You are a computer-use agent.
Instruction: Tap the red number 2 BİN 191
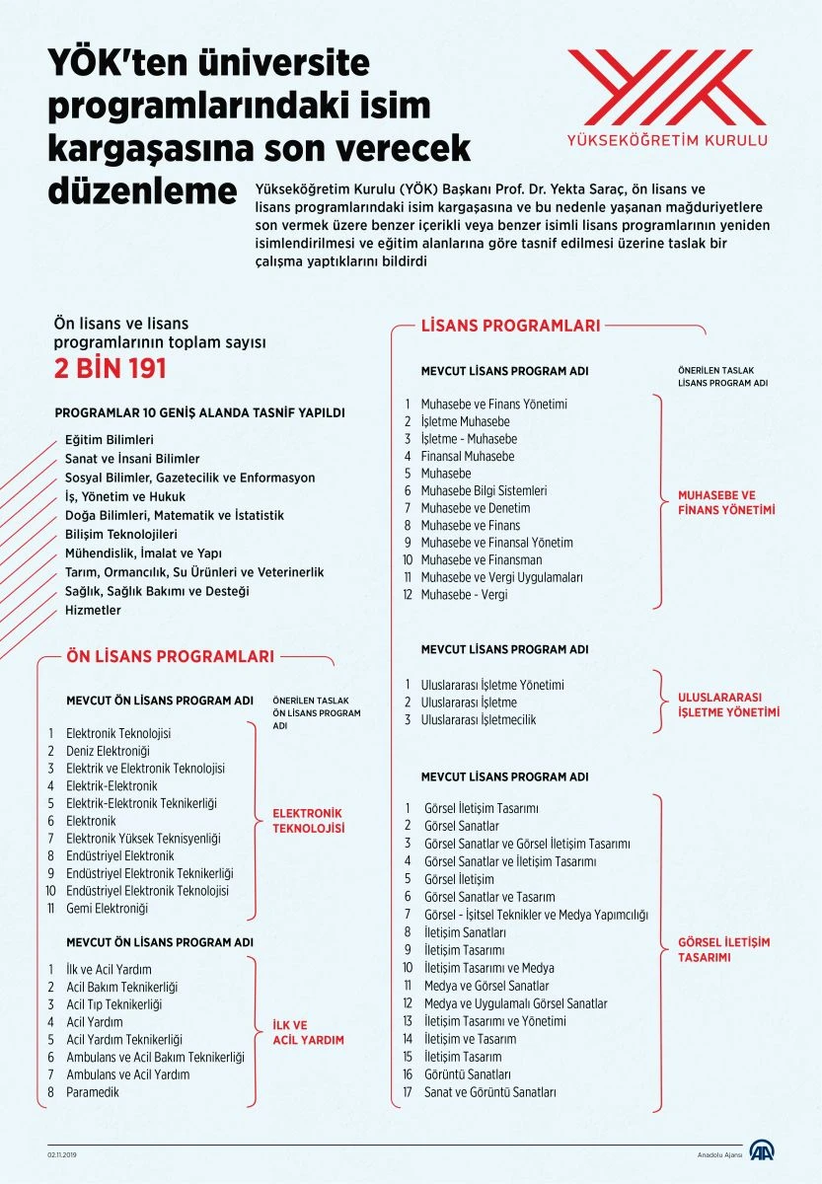tap(109, 368)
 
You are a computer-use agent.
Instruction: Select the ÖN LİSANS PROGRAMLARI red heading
tap(170, 655)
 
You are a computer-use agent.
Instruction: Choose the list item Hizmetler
tap(93, 610)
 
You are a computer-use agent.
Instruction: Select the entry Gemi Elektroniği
tap(107, 908)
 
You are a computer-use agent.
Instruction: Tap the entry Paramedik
tap(93, 1092)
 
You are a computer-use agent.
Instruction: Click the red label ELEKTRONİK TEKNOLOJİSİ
tap(309, 821)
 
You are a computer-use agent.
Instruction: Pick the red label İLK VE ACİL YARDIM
tap(308, 1032)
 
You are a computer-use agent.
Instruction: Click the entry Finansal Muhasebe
tap(467, 456)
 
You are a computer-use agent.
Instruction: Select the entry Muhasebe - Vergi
tap(465, 594)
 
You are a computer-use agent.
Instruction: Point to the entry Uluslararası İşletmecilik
tap(479, 719)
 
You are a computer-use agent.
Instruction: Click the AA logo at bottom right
tap(761, 1151)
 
